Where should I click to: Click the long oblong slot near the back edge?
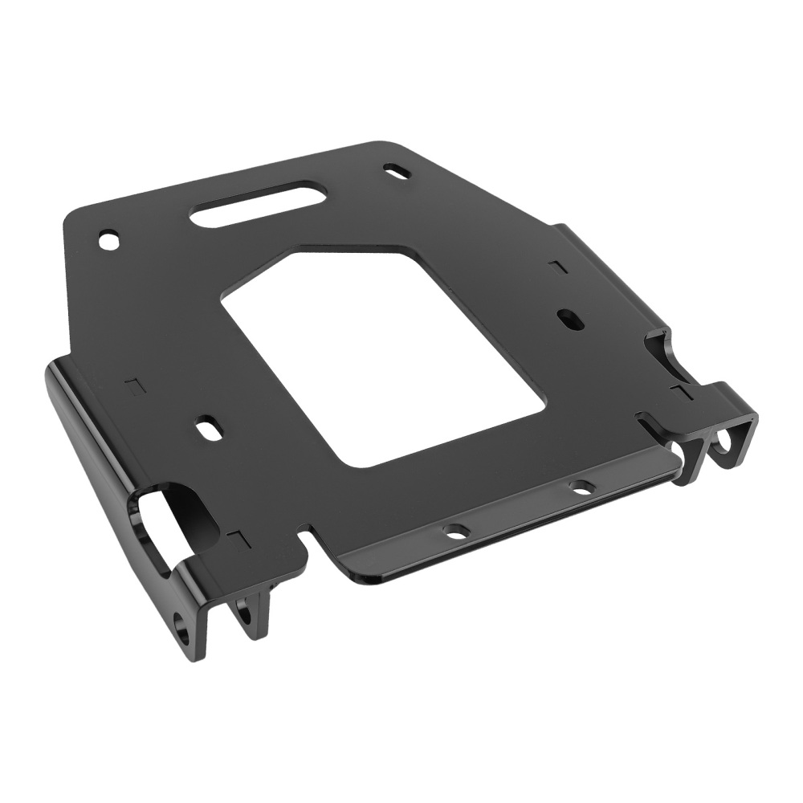(x=258, y=204)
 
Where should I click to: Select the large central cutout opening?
(x=383, y=353)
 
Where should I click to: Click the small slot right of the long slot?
(x=397, y=171)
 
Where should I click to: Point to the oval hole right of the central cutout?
(x=569, y=319)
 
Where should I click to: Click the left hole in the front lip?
(x=456, y=531)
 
